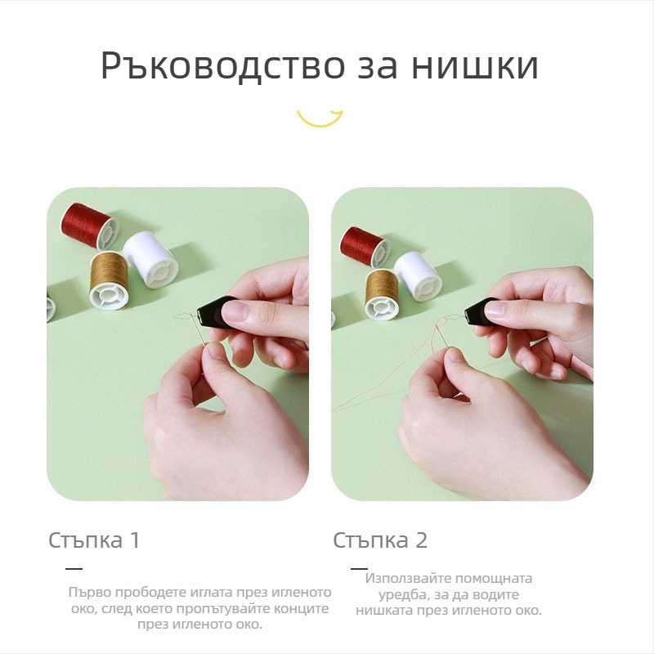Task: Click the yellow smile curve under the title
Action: tap(320, 119)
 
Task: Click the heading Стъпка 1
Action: tap(94, 540)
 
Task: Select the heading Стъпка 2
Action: tap(380, 540)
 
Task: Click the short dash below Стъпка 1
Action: tap(74, 568)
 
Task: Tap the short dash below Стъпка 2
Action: tap(359, 567)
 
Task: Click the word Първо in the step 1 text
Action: tap(90, 593)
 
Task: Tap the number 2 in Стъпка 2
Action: tap(421, 540)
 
